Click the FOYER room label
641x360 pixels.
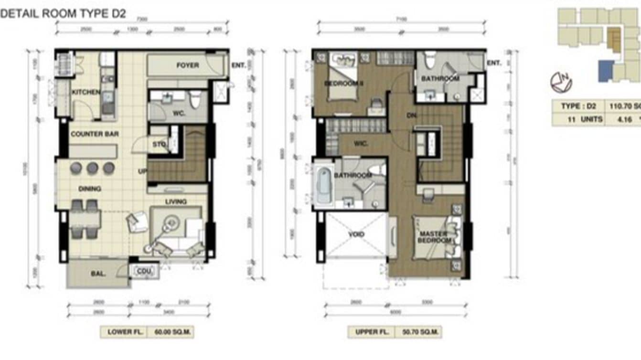tap(187, 65)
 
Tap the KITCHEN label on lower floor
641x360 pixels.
tap(86, 92)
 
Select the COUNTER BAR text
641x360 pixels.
tap(95, 134)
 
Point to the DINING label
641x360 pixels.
tap(90, 189)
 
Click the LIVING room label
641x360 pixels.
tap(176, 202)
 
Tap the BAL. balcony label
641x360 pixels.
tap(98, 274)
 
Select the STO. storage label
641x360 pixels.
tap(159, 144)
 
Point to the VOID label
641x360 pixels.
tap(356, 234)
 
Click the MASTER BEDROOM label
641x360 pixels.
tap(433, 237)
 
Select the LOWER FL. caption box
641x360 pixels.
tap(123, 332)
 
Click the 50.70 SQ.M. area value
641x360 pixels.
tap(417, 332)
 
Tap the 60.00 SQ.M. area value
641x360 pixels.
tap(170, 332)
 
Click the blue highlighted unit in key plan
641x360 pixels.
tap(606, 71)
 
